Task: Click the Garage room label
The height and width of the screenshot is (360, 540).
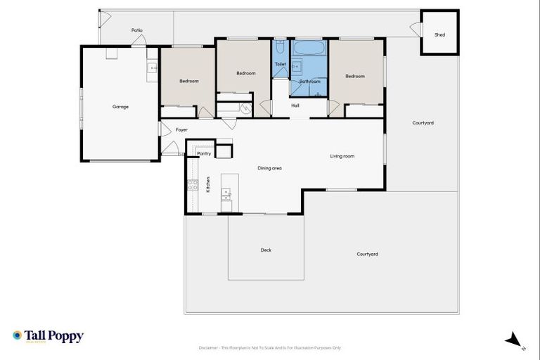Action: (120, 107)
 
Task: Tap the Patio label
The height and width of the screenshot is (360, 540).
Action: (137, 30)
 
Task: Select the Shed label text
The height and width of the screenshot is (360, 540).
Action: (439, 34)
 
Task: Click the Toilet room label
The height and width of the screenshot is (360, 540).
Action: (281, 64)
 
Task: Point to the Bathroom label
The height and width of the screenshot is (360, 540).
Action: (309, 82)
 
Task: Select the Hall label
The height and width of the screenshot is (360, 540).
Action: (295, 105)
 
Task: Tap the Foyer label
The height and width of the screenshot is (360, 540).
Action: (181, 130)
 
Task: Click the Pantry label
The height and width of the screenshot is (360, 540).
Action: (204, 153)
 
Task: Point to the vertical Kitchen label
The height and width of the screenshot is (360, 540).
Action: (208, 185)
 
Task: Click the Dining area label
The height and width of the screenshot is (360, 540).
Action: (269, 168)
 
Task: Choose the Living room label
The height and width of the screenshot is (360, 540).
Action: (342, 156)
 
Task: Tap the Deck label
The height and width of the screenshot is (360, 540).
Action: (266, 250)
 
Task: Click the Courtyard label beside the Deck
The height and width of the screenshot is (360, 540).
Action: (367, 254)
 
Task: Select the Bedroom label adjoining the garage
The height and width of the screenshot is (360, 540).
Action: (188, 81)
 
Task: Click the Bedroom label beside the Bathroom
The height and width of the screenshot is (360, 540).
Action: (355, 76)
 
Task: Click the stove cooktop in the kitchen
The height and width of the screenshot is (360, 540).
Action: (192, 186)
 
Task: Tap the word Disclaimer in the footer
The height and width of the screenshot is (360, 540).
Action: (210, 347)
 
